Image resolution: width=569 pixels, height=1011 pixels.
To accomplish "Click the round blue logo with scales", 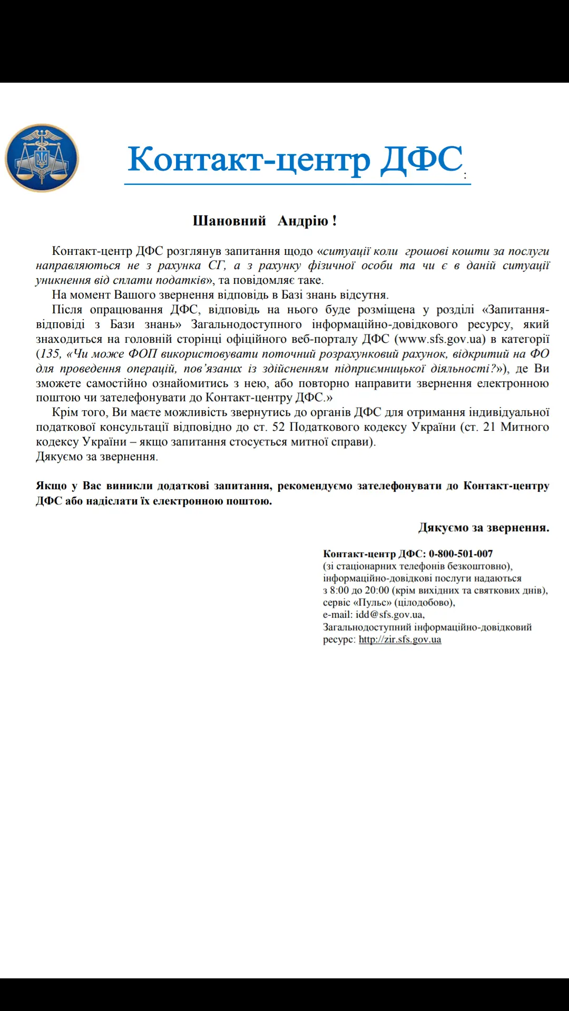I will pos(42,158).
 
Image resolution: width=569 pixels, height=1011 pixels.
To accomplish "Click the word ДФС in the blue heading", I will pos(421,159).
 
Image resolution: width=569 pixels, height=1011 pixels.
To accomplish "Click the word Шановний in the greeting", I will pos(229,221).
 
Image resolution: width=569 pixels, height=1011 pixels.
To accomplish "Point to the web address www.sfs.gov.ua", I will pos(439,339).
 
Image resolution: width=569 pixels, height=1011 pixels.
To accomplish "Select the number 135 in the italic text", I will pos(51,354).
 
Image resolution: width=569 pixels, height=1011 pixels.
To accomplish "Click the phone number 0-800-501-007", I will pos(460,554).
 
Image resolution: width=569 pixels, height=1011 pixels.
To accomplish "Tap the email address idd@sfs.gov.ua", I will pos(389,614).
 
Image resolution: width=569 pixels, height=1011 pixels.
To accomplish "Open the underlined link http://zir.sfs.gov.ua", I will pos(400,640).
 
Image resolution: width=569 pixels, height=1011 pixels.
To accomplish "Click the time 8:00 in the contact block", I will pos(339,590).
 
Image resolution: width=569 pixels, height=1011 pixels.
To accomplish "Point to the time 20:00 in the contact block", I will pos(377,590).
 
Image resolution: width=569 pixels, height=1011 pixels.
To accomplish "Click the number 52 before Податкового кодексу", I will pos(279,427).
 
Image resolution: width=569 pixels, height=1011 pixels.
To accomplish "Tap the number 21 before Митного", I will pos(489,427).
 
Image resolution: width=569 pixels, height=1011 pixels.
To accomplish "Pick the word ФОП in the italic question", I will pos(143,354).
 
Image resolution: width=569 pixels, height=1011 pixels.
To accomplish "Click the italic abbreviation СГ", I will pos(216,265).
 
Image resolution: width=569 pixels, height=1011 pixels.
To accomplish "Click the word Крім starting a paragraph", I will pos(65,412).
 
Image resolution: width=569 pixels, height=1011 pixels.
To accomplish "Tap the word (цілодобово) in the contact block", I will pos(425,602).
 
